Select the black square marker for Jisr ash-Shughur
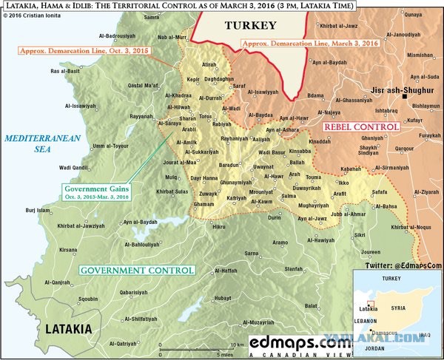point(405,96)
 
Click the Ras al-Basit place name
point(64,71)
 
